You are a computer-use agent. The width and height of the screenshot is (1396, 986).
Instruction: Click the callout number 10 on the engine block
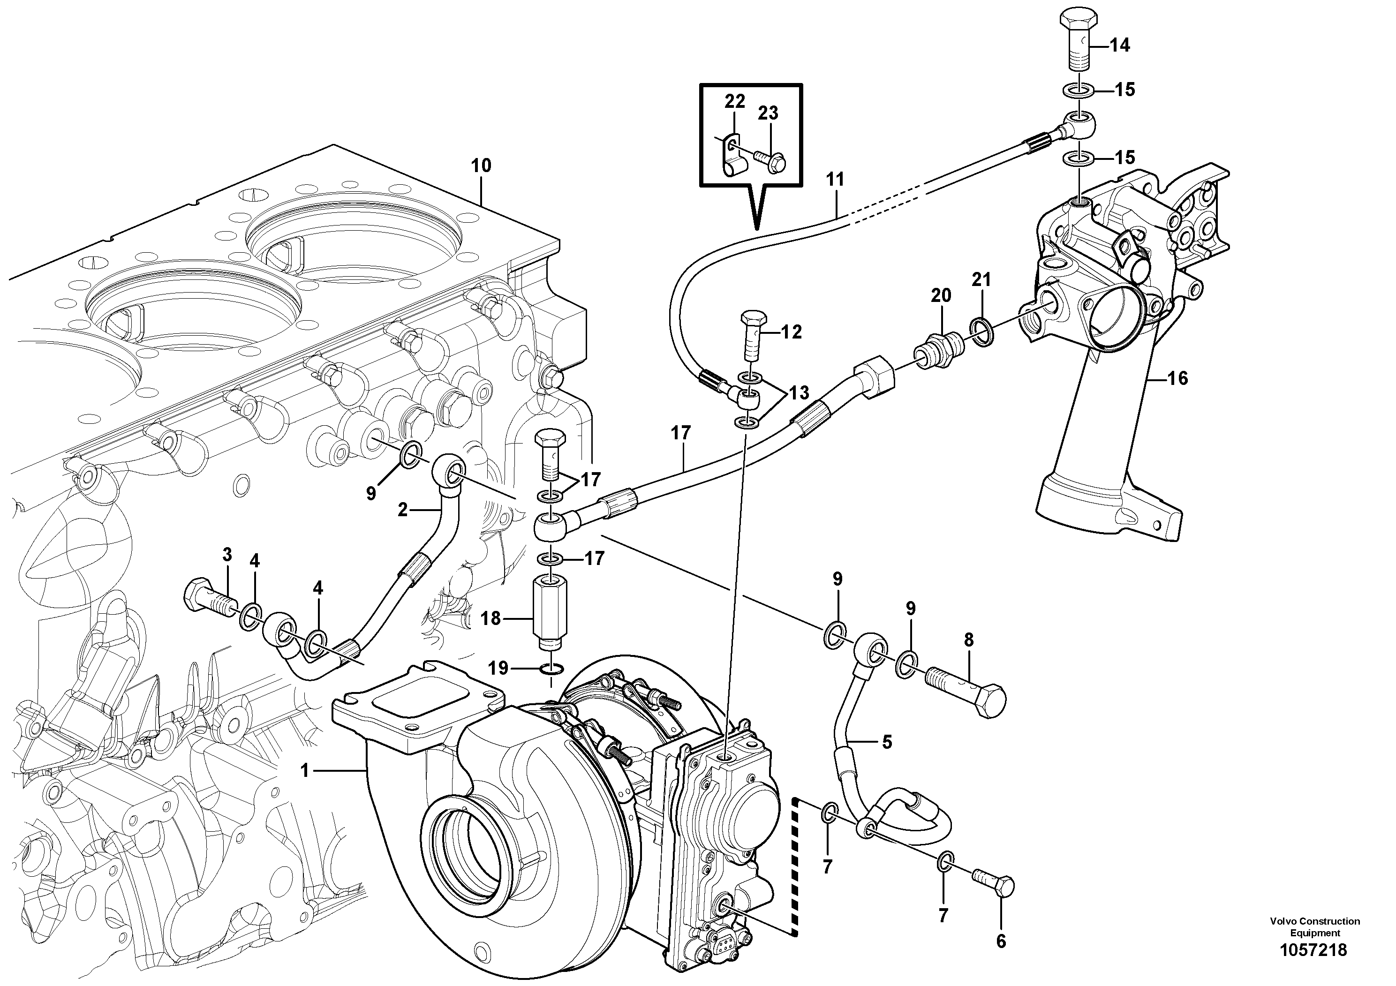coord(481,166)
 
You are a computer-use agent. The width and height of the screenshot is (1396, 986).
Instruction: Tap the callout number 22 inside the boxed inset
coord(734,102)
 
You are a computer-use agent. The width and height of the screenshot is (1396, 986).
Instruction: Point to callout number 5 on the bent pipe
coord(886,742)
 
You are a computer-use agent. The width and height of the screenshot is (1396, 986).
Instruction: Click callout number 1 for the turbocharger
coord(305,771)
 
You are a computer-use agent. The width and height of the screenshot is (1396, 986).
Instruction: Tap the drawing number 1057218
coord(1313,950)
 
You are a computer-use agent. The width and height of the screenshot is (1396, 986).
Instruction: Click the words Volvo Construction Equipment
coord(1314,927)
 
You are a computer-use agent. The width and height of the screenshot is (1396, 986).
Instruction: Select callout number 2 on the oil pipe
coord(402,510)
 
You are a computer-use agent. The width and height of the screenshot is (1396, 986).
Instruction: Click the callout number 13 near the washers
coord(799,393)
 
